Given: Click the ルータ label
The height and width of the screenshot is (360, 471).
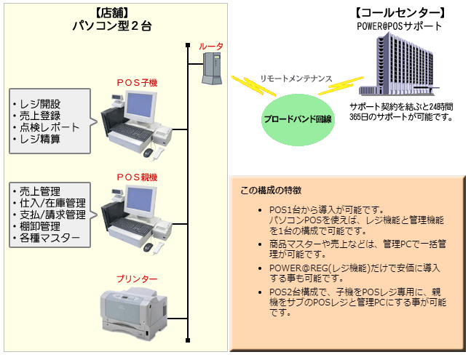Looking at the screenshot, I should pos(211,47).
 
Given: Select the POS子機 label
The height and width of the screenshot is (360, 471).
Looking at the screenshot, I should pos(137,83).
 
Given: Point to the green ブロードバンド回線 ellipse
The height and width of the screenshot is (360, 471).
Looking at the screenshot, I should pos(298,116).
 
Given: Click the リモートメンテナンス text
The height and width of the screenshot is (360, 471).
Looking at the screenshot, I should pos(296,78).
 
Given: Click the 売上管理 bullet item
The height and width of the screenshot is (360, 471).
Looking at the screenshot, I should pos(37,191).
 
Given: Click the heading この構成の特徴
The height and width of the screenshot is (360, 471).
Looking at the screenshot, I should pos(271,191).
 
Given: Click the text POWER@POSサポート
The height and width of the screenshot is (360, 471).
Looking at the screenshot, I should pos(399,26).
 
